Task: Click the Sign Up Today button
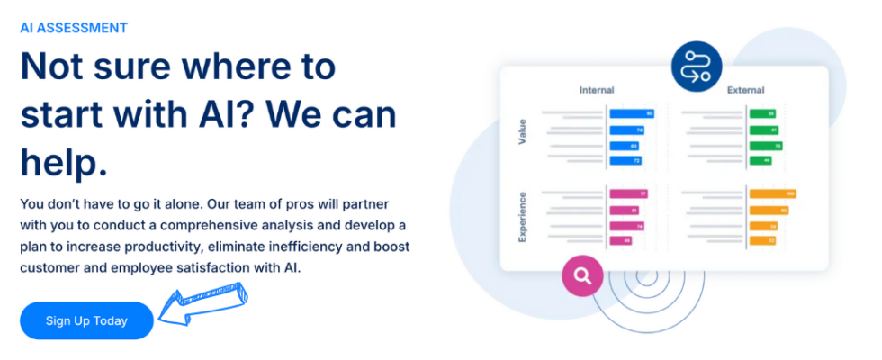(x=86, y=320)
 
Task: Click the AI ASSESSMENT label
(x=74, y=27)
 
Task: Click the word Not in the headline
(x=54, y=67)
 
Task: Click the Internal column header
(x=597, y=90)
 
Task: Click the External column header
(x=745, y=90)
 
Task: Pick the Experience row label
(x=522, y=216)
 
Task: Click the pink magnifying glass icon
(x=582, y=275)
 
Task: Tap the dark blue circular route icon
(x=696, y=67)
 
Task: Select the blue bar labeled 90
(x=632, y=114)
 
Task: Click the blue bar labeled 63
(x=625, y=145)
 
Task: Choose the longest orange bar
(x=773, y=193)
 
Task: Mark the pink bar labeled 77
(x=629, y=193)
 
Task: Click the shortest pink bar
(x=621, y=240)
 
